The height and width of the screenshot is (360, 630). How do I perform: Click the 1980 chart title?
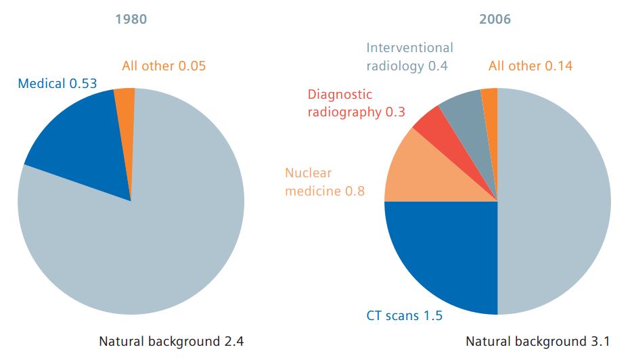pos(131,19)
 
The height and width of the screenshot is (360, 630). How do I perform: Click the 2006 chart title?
pos(495,19)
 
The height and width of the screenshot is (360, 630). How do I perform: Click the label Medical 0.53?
pos(58,84)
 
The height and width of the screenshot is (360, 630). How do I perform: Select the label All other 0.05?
pos(164,66)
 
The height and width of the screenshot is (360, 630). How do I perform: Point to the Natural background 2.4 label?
pos(171,341)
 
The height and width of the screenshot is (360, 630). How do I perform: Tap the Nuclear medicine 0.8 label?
pos(325,182)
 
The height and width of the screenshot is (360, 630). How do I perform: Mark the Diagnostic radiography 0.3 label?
pos(356,104)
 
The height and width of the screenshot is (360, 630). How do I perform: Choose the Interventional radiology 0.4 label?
pos(409,57)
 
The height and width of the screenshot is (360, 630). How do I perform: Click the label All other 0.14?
pos(530,66)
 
